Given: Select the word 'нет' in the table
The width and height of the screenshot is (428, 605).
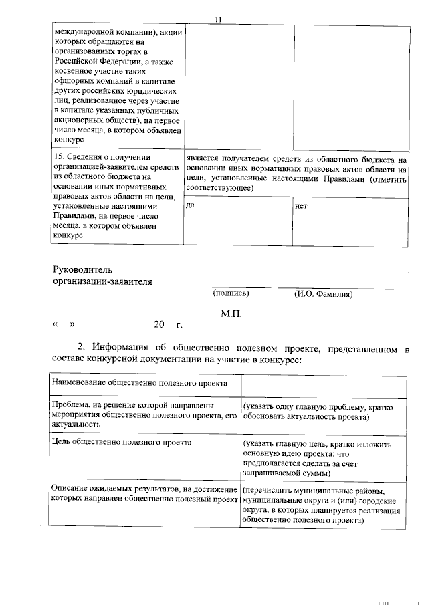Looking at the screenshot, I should [x=301, y=206].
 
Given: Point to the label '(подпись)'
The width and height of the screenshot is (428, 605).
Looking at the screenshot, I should [x=231, y=293].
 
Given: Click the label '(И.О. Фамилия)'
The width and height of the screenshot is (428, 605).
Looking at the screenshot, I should [x=323, y=294].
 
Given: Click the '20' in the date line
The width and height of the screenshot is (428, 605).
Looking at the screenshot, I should [x=158, y=324].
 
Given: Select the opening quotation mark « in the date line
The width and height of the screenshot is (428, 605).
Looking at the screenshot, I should [x=55, y=324].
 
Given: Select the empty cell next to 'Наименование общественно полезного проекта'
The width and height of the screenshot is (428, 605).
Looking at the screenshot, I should [x=323, y=386].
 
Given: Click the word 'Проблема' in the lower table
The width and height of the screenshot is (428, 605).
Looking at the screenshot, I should [x=71, y=405].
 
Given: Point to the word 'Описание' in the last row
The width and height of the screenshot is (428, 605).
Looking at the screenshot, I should [x=70, y=489].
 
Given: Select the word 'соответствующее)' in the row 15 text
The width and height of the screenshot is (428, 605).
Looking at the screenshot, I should [x=219, y=189].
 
